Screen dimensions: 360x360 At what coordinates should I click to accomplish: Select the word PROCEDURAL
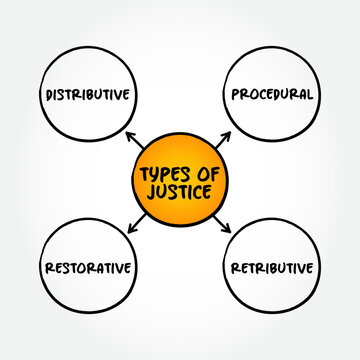[x=272, y=95]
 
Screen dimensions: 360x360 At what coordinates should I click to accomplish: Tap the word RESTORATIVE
[x=88, y=267]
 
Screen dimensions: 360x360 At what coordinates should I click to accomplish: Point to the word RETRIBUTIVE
[x=272, y=267]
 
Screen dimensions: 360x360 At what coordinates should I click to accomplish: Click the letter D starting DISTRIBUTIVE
[x=50, y=95]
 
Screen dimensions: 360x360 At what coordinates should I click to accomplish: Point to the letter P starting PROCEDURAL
[x=234, y=95]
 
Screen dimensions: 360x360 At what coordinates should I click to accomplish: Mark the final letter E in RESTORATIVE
[x=131, y=267]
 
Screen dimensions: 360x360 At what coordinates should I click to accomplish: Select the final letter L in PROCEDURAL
[x=311, y=95]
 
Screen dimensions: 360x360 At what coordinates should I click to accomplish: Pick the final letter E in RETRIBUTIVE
[x=312, y=267]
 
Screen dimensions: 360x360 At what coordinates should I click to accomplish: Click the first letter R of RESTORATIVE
[x=47, y=267]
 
